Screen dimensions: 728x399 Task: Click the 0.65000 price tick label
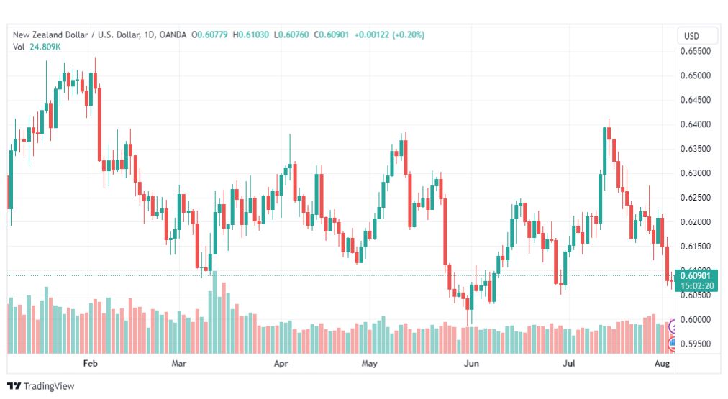point(695,75)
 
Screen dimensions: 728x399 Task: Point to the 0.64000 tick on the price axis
point(695,124)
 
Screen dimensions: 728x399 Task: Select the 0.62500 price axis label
point(695,198)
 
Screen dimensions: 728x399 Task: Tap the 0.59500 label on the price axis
point(695,344)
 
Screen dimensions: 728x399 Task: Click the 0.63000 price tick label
point(695,173)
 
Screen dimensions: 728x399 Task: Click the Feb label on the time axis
point(90,363)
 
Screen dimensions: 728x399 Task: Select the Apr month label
point(281,363)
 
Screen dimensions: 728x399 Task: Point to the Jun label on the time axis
point(471,363)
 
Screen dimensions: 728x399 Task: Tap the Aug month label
point(662,363)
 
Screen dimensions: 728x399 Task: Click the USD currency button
point(691,36)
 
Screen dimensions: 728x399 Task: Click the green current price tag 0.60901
point(696,275)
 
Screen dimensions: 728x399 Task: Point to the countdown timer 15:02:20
point(696,286)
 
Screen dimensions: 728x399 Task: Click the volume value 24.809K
point(45,47)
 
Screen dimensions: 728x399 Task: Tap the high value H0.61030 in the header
point(251,35)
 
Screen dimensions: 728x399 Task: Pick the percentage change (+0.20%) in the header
point(408,35)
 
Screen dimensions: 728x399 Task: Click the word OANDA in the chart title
point(173,35)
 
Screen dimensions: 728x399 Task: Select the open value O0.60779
point(209,35)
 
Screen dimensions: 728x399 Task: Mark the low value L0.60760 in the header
point(291,35)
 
